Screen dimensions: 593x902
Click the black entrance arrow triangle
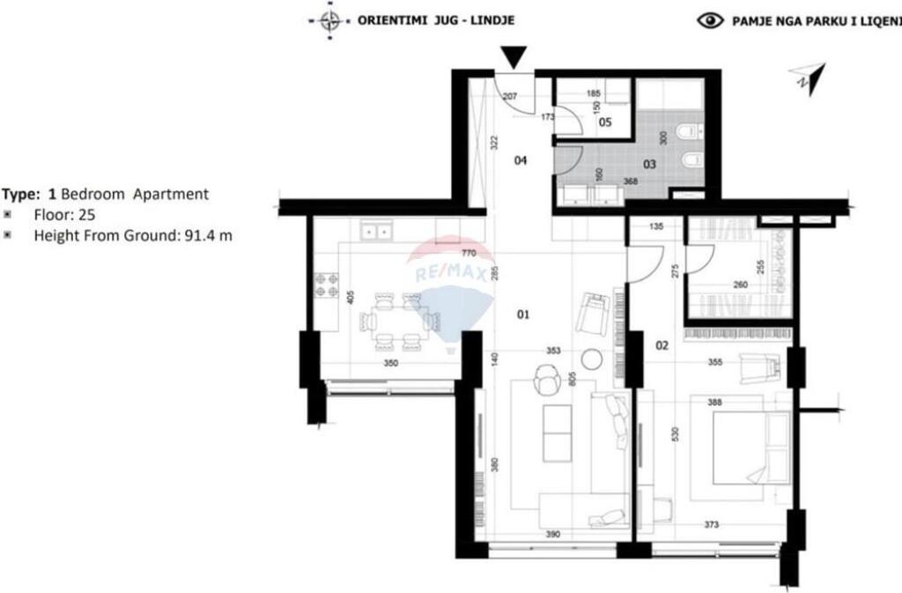coord(516,57)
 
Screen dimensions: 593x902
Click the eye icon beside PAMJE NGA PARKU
coord(710,20)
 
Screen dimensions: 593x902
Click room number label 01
coord(523,315)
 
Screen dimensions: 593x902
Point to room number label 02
coord(662,345)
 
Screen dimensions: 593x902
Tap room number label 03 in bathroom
coord(649,164)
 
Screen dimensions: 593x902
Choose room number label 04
coord(521,160)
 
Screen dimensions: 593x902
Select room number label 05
coord(605,122)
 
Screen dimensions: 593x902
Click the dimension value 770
coord(469,252)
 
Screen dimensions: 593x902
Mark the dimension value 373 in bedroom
coord(712,525)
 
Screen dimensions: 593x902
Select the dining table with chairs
coord(394,321)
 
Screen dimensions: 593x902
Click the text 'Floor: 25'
coord(64,214)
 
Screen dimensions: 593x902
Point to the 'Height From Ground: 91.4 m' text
coord(132,234)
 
